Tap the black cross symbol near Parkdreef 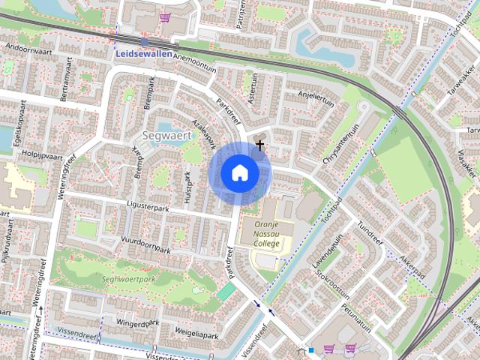(x=260, y=144)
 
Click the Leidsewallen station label (x=143, y=55)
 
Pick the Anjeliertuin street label (x=315, y=95)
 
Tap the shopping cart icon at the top (x=164, y=16)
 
